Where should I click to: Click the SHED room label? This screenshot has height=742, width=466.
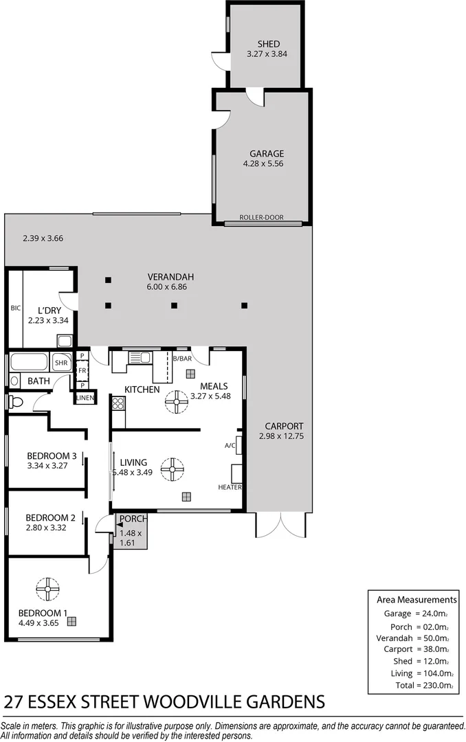click(x=264, y=44)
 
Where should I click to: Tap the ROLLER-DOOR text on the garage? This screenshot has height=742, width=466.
click(x=261, y=218)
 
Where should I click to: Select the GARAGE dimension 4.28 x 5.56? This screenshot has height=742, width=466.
click(x=263, y=164)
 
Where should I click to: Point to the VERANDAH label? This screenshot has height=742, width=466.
click(x=166, y=277)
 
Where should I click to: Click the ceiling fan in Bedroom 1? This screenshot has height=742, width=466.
click(x=48, y=589)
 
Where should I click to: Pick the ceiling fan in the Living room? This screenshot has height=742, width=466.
click(x=172, y=470)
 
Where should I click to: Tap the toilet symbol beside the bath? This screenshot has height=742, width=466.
click(x=16, y=401)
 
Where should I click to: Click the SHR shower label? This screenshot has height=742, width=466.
click(x=62, y=363)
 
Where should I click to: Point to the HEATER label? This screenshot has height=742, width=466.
click(x=230, y=487)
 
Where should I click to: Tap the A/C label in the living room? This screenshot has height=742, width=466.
click(x=230, y=445)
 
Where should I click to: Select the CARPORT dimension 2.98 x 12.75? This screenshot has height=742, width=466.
click(x=281, y=436)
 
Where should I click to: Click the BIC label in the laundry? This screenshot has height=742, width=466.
click(x=15, y=308)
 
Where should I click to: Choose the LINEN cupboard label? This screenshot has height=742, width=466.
click(x=85, y=398)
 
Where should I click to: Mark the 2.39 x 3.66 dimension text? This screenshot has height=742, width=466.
click(x=43, y=238)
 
